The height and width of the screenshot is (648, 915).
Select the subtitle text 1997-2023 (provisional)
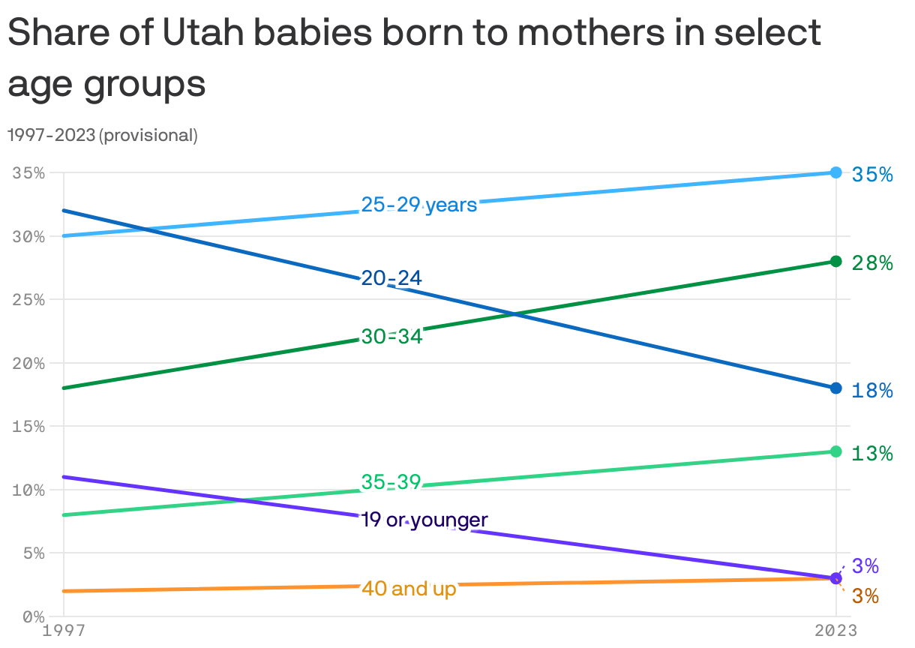[x=102, y=136]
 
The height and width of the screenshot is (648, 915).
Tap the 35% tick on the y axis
[x=28, y=172]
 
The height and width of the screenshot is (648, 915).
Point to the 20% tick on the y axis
[x=28, y=363]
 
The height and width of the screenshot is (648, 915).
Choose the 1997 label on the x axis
[x=64, y=631]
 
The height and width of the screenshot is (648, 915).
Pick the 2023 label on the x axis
[x=835, y=631]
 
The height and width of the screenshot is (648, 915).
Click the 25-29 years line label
[x=419, y=205]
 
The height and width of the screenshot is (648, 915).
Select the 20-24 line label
[x=391, y=278]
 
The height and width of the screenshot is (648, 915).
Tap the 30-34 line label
[x=391, y=337]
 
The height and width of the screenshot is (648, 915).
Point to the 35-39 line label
[x=391, y=482]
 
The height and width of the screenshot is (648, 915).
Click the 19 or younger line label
[x=424, y=520]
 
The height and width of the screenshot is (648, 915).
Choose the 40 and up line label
[x=409, y=589]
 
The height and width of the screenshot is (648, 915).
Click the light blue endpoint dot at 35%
[x=835, y=172]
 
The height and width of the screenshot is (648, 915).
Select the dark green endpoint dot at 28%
[x=835, y=261]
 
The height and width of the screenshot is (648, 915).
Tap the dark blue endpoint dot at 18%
[x=835, y=388]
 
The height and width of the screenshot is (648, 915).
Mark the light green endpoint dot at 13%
[x=835, y=451]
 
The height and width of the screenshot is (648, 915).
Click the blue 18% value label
[x=872, y=391]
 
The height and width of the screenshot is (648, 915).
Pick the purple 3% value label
[x=865, y=566]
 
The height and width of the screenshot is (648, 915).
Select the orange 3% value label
[x=865, y=597]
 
